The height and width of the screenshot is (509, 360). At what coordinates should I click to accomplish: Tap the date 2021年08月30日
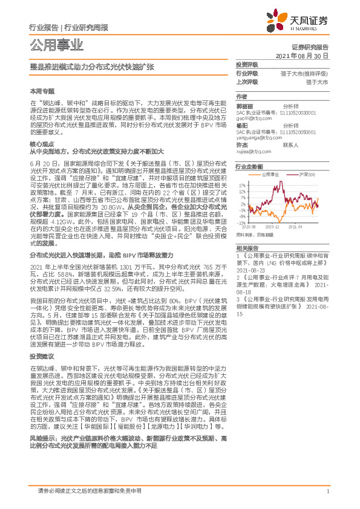[302, 54]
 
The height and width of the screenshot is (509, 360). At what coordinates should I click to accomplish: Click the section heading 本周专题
[42, 90]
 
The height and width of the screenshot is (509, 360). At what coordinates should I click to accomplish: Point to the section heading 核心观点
[42, 144]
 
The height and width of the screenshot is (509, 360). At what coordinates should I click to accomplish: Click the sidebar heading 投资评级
[247, 64]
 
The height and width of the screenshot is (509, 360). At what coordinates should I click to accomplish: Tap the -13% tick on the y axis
[242, 222]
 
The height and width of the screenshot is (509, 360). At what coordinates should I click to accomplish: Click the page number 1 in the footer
[327, 491]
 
